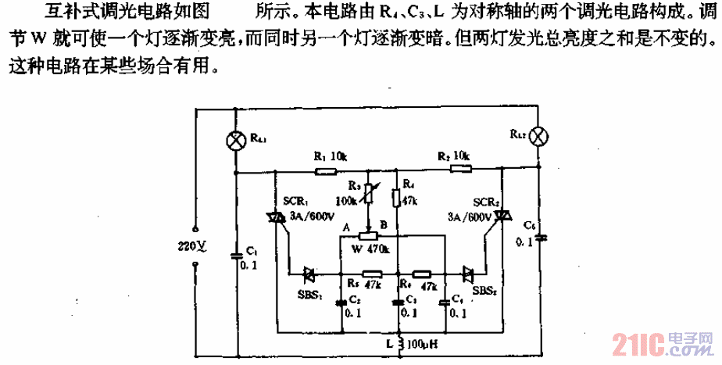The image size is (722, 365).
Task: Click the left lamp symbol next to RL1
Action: point(234,139)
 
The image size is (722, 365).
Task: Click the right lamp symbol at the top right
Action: point(538,136)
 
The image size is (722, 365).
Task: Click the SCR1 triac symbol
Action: point(275,218)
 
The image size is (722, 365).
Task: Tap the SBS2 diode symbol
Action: point(468,274)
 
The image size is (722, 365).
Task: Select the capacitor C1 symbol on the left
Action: point(236,255)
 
